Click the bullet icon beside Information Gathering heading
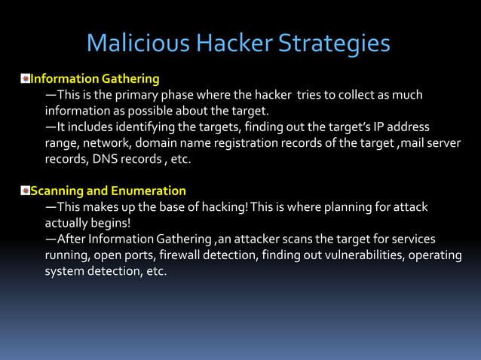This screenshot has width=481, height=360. point(25,78)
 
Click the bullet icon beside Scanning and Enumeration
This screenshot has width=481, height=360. point(25,191)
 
